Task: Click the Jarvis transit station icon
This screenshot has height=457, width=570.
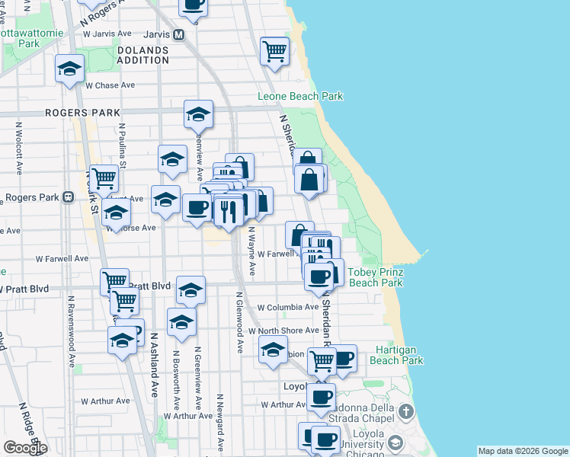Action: click(x=179, y=34)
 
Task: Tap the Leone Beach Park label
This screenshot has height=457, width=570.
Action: click(x=299, y=97)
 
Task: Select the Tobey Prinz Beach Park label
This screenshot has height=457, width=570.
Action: click(x=375, y=277)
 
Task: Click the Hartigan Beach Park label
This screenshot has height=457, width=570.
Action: click(x=399, y=356)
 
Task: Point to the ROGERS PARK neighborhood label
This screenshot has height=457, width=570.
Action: click(x=83, y=113)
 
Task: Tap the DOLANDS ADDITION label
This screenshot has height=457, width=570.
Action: click(x=142, y=55)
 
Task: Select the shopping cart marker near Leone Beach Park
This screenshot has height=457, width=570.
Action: click(x=274, y=52)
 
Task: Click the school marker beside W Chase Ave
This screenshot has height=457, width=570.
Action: click(x=69, y=69)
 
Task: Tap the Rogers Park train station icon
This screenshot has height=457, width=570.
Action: click(x=68, y=197)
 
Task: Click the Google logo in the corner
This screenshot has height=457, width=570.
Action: click(x=24, y=448)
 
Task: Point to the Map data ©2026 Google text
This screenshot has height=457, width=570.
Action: click(x=523, y=451)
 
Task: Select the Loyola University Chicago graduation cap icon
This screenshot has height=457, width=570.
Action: click(x=395, y=443)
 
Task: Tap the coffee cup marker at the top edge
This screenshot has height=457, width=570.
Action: click(x=193, y=6)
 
